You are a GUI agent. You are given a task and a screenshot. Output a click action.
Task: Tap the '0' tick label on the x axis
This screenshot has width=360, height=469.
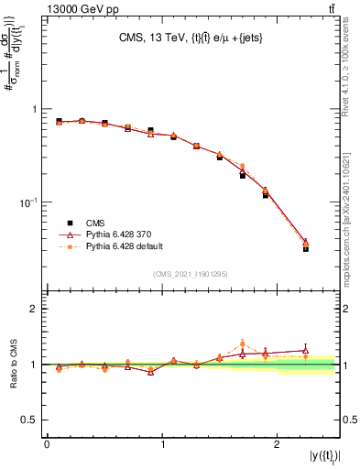(47, 442)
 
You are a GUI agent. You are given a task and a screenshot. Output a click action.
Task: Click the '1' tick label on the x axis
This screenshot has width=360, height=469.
(162, 442)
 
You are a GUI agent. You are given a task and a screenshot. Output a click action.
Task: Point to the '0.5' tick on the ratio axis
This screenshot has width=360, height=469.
(29, 420)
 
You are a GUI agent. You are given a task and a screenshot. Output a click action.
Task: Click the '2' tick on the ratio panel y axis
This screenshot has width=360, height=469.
(35, 309)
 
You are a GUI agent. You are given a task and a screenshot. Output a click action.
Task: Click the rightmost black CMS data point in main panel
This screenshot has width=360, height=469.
(306, 248)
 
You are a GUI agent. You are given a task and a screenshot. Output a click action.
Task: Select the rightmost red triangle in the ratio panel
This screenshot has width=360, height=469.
(306, 350)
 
